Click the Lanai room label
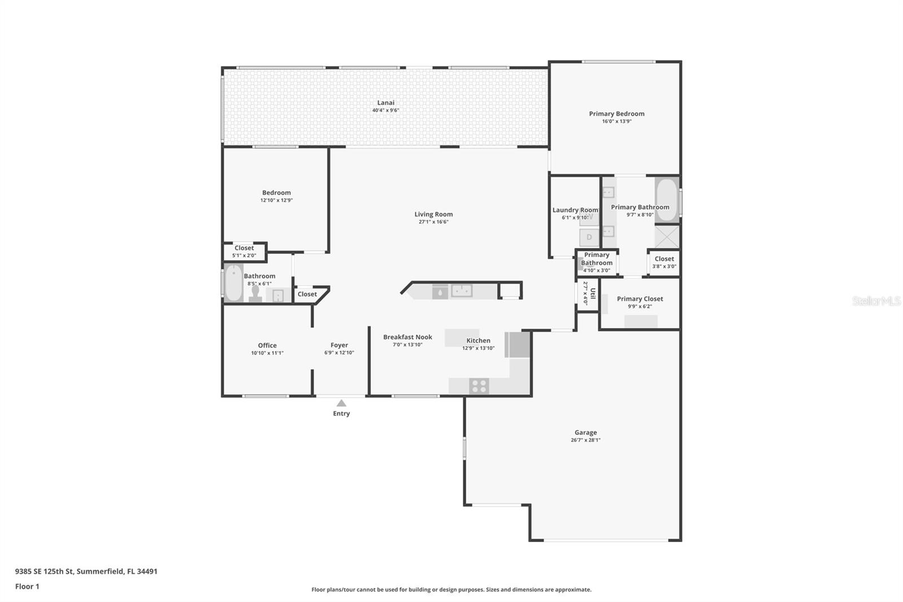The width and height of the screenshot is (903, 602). [385, 103]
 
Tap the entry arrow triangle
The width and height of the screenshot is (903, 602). [341, 403]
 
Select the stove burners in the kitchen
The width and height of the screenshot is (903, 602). [479, 386]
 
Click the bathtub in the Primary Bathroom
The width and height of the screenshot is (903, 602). [667, 200]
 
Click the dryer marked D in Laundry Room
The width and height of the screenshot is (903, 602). [589, 237]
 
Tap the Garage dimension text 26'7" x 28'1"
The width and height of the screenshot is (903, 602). [585, 440]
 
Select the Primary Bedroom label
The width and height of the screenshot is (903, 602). [616, 114]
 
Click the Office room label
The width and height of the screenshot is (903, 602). [267, 345]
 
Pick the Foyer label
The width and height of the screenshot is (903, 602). [339, 345]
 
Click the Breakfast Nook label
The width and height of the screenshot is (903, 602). [407, 337]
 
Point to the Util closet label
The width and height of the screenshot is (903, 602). [592, 293]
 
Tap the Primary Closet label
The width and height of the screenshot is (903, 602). [639, 299]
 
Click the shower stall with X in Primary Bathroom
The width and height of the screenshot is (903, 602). [667, 237]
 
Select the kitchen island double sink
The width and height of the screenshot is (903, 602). [461, 291]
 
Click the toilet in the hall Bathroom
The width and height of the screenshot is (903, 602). [255, 294]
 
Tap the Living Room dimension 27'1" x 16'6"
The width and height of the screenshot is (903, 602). [433, 222]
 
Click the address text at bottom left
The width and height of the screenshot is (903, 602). [86, 571]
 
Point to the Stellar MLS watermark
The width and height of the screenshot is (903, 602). [876, 301]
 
